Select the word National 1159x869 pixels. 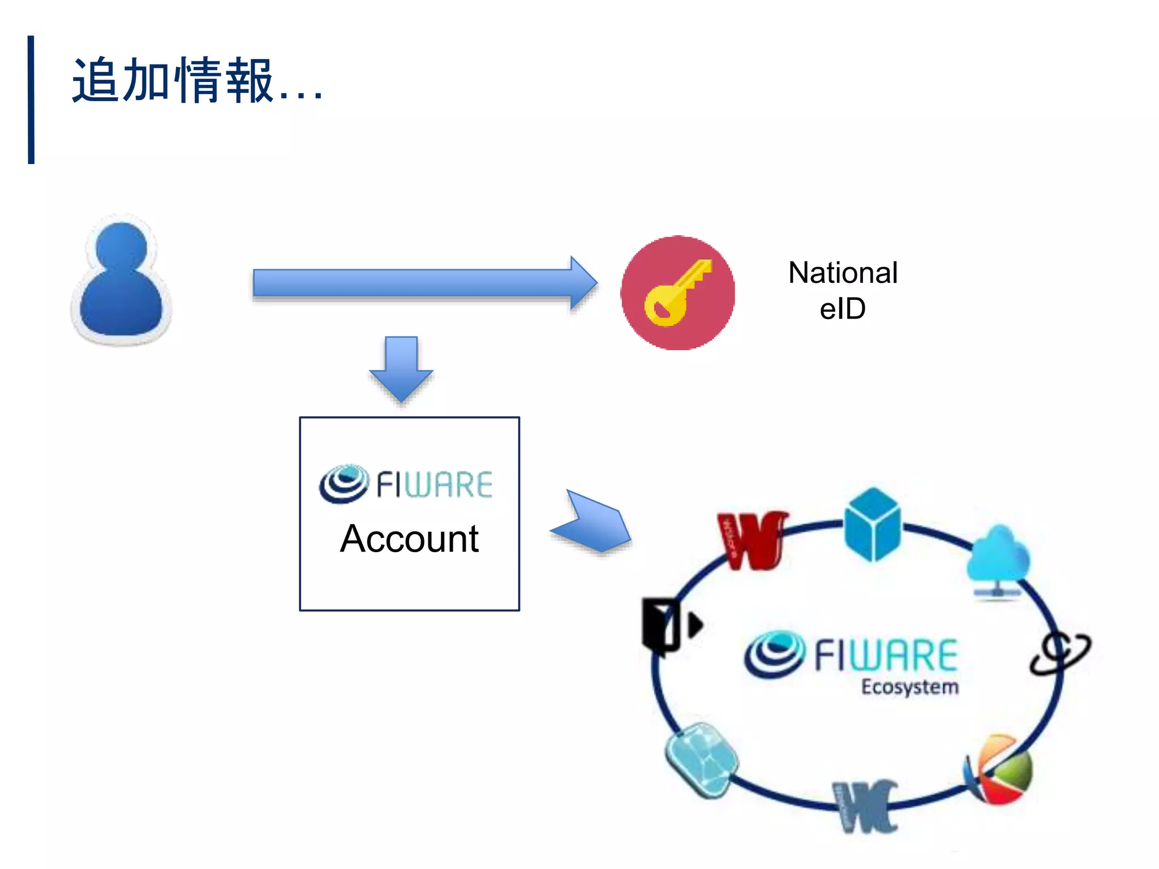[843, 273]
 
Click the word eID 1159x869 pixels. [843, 309]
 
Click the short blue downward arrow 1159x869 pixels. [401, 368]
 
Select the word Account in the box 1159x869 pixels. [409, 539]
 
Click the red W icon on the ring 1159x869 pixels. [751, 540]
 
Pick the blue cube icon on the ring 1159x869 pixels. [872, 523]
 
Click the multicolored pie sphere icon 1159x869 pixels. [999, 769]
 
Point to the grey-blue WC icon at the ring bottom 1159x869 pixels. [866, 806]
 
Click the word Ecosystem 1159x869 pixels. [909, 687]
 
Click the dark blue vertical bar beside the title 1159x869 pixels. [31, 100]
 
